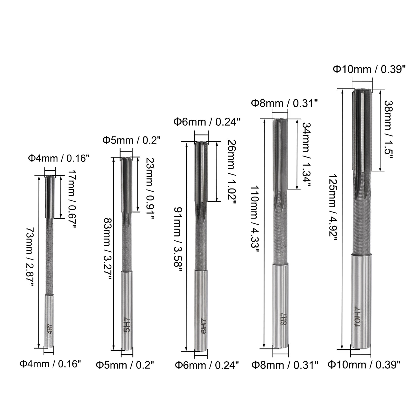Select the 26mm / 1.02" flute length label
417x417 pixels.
tap(231, 172)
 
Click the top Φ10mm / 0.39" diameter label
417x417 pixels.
tap(369, 69)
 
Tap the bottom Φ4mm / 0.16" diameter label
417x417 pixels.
tap(50, 364)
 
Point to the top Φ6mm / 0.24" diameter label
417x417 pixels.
tap(207, 122)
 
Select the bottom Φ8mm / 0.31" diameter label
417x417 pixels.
tap(285, 365)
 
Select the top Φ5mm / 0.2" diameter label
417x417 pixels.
tap(132, 140)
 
